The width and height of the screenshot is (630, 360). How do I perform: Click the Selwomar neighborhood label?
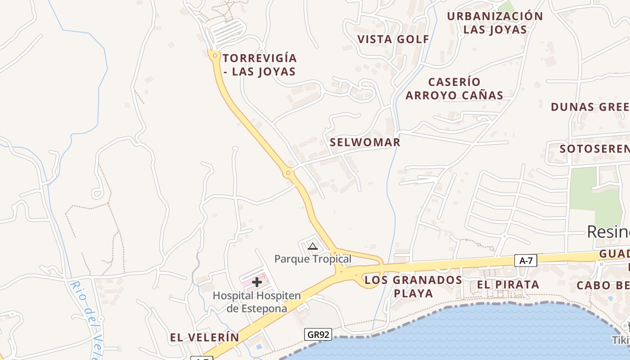365,143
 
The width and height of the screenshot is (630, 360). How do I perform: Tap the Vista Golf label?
393,39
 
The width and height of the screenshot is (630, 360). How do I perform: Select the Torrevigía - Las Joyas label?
260,65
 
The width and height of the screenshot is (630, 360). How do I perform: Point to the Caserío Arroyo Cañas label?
454,89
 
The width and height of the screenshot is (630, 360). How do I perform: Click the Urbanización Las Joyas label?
495,23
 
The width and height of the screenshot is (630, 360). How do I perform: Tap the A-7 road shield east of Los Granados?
526,261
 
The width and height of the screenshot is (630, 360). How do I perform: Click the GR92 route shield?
318,334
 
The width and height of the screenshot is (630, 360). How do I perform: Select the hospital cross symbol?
257,282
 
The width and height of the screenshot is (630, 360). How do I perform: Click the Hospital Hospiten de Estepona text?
256,302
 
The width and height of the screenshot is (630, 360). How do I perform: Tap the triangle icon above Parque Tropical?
312,246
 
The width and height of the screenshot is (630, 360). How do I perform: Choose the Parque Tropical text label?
313,259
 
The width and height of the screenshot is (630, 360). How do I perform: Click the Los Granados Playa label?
413,287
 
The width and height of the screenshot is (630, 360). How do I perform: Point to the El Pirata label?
508,284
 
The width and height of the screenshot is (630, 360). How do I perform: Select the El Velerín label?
204,337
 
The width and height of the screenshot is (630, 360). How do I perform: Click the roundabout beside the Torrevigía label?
215,56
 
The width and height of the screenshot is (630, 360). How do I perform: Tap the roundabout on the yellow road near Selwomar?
288,173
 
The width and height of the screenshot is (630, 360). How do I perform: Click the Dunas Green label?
590,107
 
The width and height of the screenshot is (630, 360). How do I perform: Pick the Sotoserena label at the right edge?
594,148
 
